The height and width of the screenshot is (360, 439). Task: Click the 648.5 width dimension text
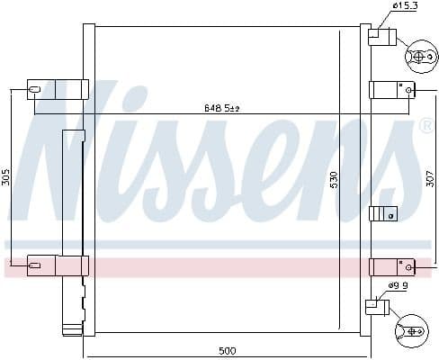(220, 109)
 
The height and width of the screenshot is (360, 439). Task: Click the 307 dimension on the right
(430, 178)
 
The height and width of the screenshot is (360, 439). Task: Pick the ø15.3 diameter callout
(403, 7)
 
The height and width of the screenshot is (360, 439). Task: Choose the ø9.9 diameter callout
(399, 286)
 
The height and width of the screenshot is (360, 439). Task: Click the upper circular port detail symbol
(418, 57)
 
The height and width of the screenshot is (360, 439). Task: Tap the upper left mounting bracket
(58, 89)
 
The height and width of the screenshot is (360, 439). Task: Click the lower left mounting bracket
(58, 265)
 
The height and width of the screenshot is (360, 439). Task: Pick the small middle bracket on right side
(383, 213)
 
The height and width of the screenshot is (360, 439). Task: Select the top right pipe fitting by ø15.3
(381, 36)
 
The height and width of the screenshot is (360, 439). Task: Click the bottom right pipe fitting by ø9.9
(376, 307)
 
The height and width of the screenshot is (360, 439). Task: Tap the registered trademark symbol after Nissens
(426, 127)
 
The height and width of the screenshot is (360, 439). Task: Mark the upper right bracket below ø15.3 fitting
(389, 90)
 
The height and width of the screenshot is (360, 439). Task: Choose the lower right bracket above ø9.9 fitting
(389, 266)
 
